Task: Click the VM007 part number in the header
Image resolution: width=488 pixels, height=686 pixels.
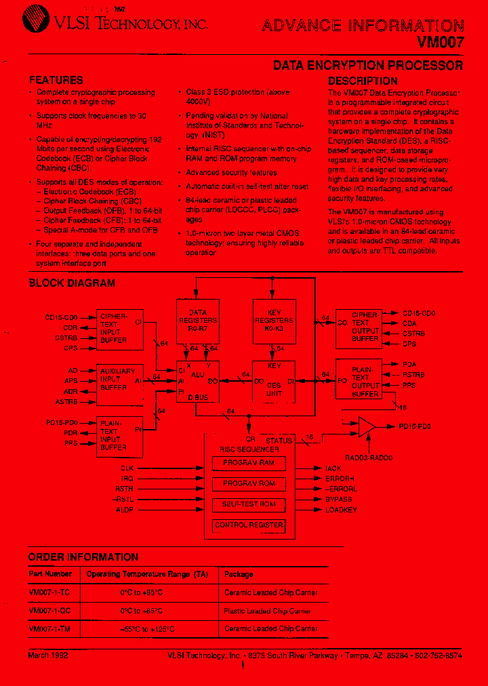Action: (441, 42)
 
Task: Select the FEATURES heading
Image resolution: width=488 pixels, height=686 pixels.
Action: (56, 80)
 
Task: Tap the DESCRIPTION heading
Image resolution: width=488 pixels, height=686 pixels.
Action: (363, 81)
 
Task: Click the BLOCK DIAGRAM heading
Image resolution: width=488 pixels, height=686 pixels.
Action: (72, 283)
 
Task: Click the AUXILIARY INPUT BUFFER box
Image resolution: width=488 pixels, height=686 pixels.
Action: (119, 380)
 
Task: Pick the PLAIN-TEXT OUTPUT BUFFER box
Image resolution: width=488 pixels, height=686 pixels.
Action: (365, 379)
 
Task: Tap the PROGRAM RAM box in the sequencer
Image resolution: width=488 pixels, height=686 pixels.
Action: (249, 463)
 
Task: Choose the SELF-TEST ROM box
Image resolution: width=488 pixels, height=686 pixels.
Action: (249, 504)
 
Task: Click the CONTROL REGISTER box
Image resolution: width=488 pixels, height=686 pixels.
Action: (249, 525)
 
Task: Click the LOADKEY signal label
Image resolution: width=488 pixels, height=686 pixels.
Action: (341, 509)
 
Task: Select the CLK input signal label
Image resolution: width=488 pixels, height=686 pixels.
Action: (127, 468)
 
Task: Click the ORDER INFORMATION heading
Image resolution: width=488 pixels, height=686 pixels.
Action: (83, 557)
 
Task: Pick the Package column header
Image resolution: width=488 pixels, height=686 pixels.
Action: (239, 574)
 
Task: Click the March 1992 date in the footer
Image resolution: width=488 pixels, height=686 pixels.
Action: (48, 656)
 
